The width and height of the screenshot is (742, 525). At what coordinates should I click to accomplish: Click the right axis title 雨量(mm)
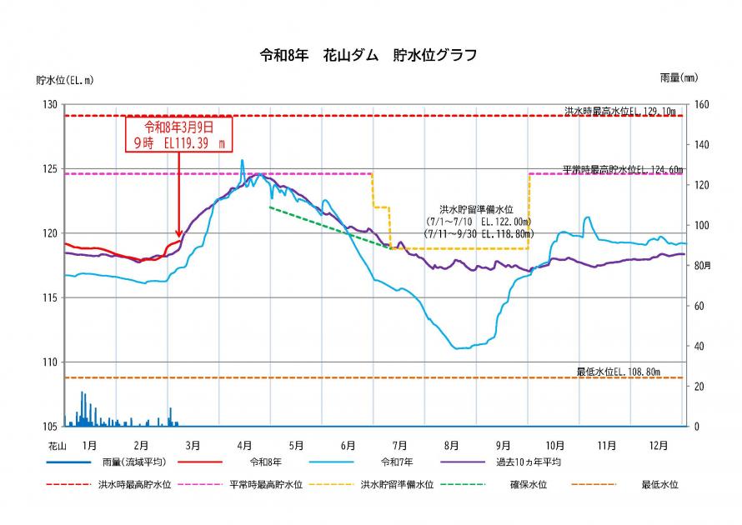coord(678,77)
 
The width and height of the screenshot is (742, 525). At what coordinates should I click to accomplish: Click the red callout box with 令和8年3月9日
coord(178,134)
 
